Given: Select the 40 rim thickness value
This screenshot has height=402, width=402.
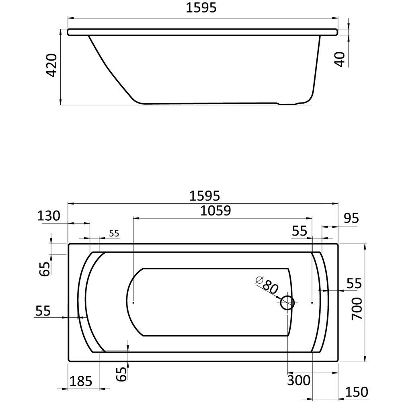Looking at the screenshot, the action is (x=340, y=59).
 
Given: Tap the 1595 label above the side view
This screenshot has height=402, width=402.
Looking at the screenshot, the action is (x=201, y=8).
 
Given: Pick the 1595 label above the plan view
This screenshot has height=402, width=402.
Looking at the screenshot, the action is (x=205, y=196).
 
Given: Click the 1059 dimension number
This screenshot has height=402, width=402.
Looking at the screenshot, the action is (x=215, y=211).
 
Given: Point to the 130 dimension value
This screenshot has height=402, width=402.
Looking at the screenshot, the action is (x=49, y=215).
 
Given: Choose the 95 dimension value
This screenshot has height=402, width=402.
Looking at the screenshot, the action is (x=351, y=218).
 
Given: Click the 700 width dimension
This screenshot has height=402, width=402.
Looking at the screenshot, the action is (x=357, y=309).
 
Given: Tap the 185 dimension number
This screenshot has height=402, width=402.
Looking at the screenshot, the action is (x=81, y=381).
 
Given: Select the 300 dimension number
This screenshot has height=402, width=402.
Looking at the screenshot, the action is (x=299, y=380).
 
